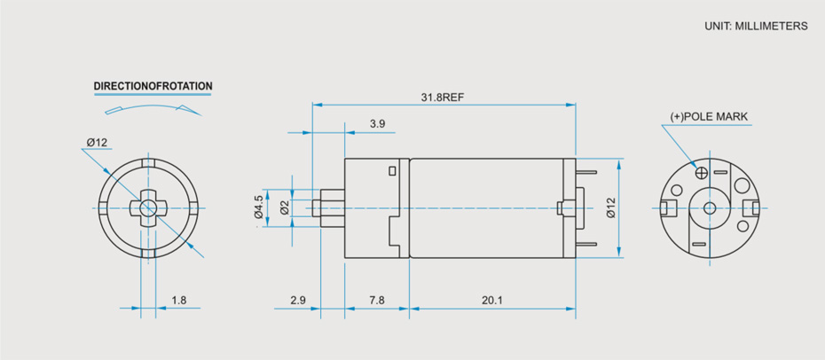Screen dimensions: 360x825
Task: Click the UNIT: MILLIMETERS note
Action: pos(756,27)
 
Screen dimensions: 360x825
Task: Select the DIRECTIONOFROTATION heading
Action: pos(153,87)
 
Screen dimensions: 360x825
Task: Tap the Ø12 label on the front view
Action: pos(97,143)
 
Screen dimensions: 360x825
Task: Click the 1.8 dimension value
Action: pos(178,301)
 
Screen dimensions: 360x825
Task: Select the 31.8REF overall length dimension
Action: pos(443,97)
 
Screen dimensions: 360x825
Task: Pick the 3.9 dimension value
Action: pos(377,124)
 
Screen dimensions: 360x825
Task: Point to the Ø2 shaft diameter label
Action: pos(284,207)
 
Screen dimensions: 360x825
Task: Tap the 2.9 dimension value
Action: pos(298,301)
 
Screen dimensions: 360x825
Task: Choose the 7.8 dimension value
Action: pos(376,301)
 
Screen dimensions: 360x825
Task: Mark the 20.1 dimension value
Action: pos(492,301)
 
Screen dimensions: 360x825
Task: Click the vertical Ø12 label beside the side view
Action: pos(610,207)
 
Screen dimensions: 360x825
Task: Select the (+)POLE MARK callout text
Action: pos(709,116)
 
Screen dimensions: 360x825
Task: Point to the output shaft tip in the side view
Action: pos(318,207)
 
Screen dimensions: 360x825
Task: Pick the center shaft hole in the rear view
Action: pos(709,207)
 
